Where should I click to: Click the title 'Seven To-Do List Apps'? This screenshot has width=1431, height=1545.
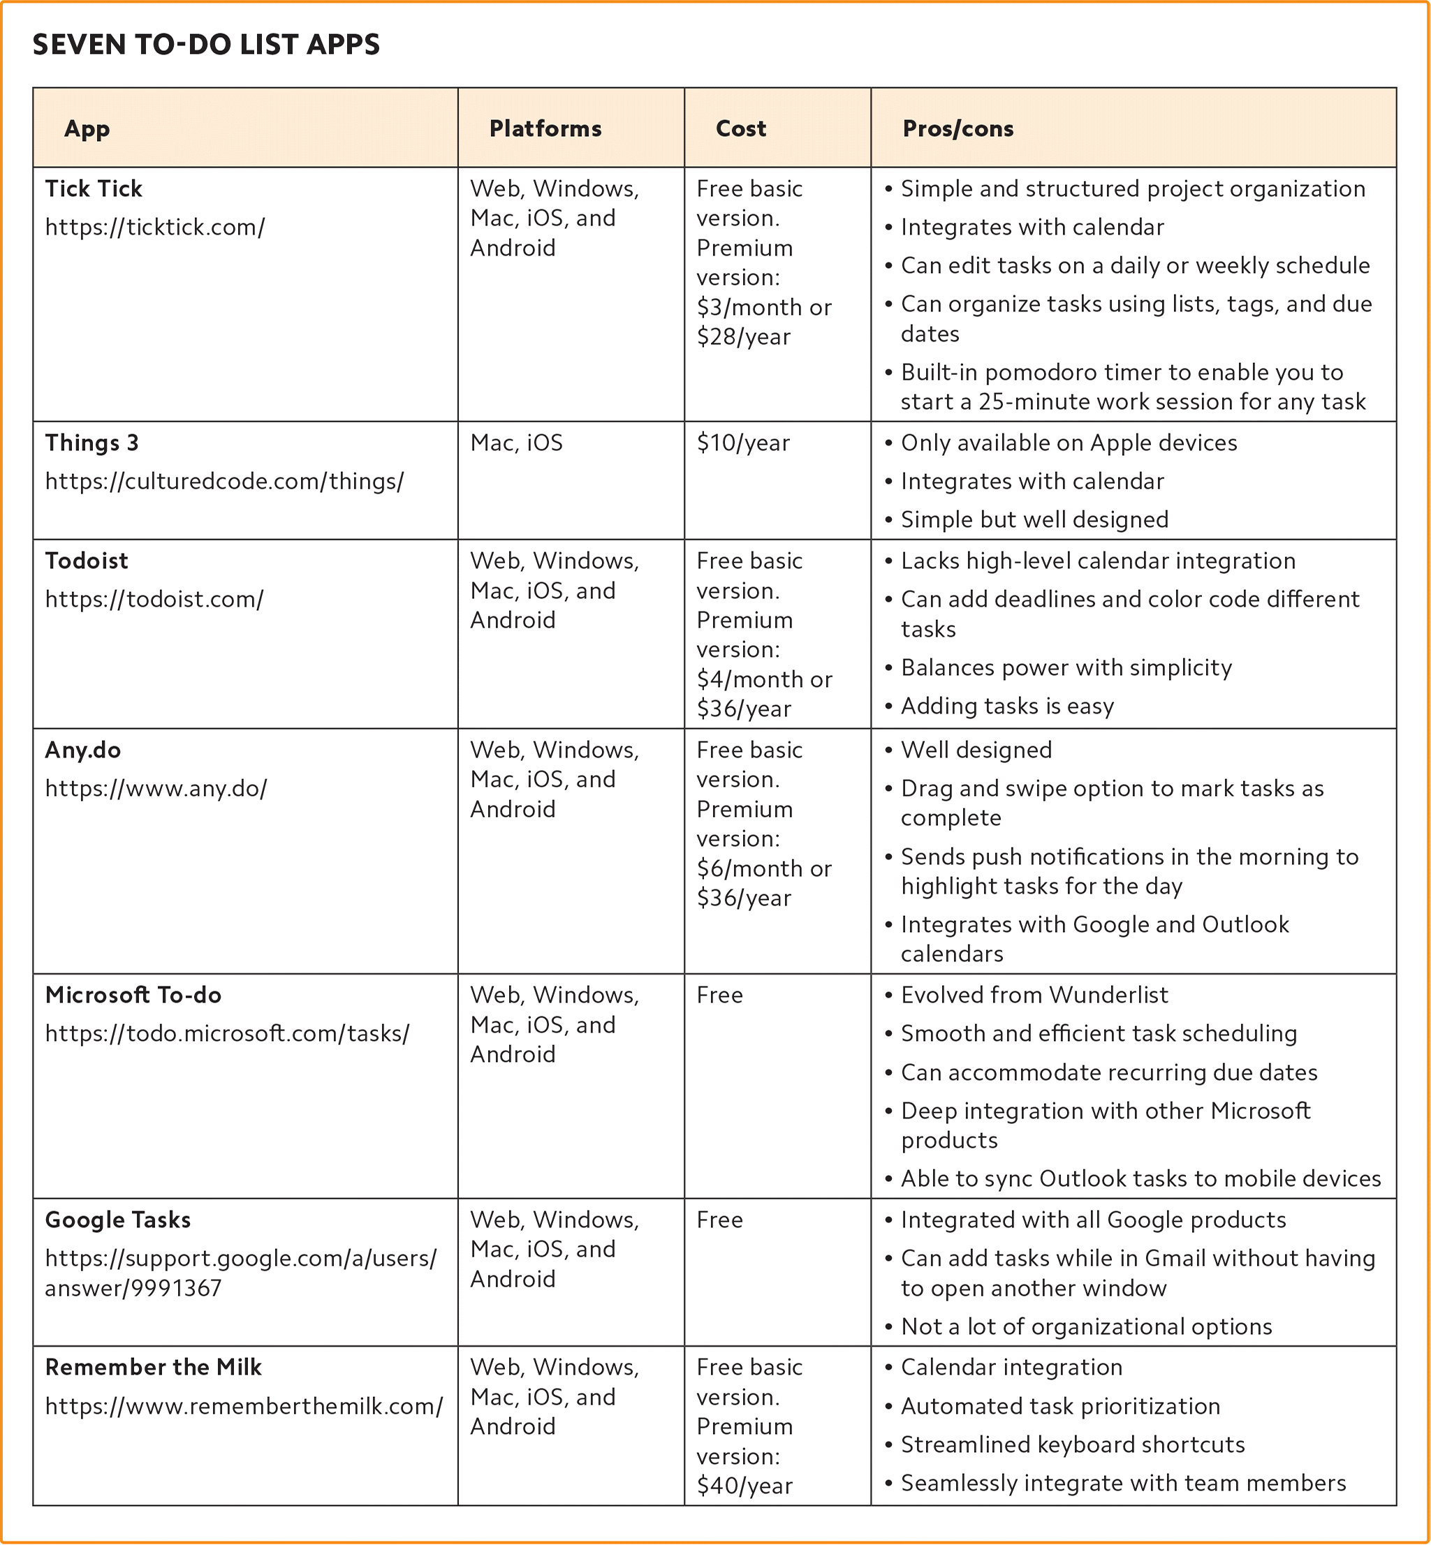point(206,45)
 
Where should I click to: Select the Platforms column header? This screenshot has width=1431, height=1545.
point(545,128)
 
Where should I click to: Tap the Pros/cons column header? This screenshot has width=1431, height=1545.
point(958,128)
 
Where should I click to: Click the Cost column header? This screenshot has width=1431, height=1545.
point(740,128)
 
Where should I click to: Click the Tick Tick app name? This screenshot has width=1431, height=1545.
point(94,189)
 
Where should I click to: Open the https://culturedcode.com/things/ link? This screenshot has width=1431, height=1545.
point(225,482)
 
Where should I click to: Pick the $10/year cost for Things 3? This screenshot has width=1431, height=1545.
point(742,443)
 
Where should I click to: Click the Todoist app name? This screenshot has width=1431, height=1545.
point(87,561)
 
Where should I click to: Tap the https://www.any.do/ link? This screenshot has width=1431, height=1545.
point(156,788)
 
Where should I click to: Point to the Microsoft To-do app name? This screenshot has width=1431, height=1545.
point(133,995)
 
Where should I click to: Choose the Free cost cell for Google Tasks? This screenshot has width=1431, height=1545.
point(719,1220)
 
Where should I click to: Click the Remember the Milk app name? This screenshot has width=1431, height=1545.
point(154,1367)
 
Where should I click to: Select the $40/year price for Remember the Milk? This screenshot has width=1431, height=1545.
point(744,1486)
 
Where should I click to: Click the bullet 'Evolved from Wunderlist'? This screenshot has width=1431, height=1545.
point(1034,995)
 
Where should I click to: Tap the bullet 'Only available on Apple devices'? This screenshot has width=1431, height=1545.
point(1069,443)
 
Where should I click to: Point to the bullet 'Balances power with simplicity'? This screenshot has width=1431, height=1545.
point(1066,667)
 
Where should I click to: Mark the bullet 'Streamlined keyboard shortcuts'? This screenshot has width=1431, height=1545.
point(1073,1444)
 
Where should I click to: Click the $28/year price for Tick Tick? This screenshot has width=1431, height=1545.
point(743,337)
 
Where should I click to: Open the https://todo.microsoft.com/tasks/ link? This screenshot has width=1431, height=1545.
point(227,1033)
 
